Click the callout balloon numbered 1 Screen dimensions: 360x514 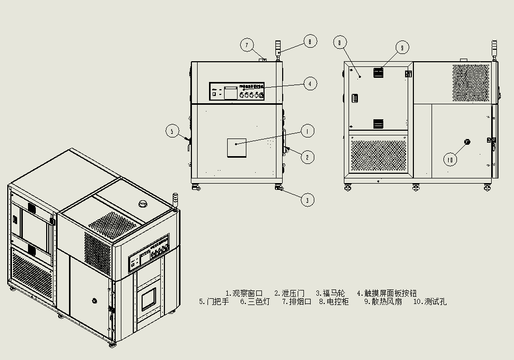(x=308, y=131)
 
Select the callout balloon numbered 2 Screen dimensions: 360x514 (x=308, y=157)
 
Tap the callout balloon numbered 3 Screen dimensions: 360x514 (x=308, y=199)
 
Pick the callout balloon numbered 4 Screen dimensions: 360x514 (x=310, y=84)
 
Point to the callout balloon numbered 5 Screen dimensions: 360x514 (x=173, y=131)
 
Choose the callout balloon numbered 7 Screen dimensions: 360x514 (x=247, y=45)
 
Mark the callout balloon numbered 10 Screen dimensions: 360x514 (x=450, y=160)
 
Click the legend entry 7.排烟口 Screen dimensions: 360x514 (x=296, y=301)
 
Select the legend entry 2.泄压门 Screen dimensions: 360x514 (x=289, y=293)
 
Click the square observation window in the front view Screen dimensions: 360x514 (x=236, y=148)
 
